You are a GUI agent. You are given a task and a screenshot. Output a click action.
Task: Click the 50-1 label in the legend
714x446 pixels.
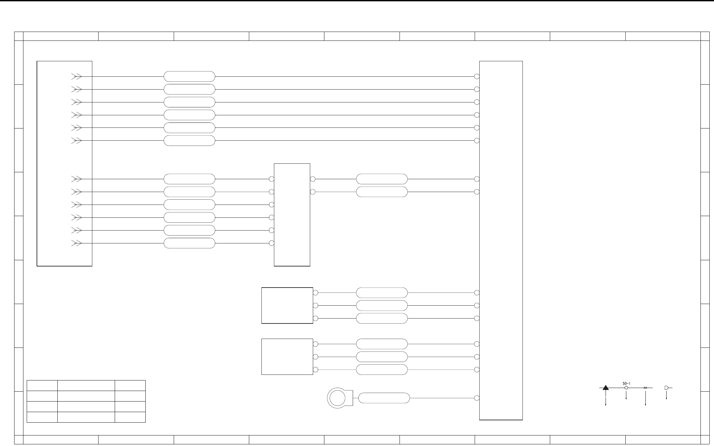tap(626, 383)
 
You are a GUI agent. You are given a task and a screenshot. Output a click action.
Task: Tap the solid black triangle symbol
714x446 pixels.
tap(606, 388)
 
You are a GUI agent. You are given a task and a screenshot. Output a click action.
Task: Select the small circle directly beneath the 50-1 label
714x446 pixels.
tap(626, 388)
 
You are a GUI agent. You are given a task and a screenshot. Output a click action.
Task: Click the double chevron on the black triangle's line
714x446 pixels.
tap(645, 388)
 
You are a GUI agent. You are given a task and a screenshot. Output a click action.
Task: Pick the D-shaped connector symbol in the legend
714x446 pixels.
tap(666, 388)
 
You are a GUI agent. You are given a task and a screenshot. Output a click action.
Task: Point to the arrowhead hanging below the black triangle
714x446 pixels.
tap(606, 404)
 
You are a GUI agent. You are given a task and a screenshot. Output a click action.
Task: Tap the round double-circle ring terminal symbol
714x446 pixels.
tap(337, 398)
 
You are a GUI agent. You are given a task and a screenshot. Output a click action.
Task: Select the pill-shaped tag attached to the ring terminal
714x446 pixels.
tap(384, 398)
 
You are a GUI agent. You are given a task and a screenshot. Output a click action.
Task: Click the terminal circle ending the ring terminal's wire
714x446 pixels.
tap(477, 398)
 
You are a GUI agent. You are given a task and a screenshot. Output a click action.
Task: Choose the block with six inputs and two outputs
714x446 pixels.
tap(292, 214)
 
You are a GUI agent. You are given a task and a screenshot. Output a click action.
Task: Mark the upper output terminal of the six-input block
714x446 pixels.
tap(312, 179)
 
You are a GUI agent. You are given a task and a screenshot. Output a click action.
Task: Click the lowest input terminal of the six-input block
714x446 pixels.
tap(271, 243)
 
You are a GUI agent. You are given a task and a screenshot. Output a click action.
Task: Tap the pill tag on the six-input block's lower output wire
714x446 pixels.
tap(382, 192)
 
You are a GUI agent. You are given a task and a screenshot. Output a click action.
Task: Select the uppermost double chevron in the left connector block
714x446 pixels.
tap(76, 76)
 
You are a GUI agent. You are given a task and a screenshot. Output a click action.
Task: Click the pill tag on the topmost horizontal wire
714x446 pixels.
tap(189, 76)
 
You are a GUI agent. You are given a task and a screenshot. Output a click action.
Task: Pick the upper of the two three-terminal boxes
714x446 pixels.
tap(287, 305)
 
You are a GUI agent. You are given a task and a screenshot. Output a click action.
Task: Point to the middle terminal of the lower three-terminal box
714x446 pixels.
tap(315, 357)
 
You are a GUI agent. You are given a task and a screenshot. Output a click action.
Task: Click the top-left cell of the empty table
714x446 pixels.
tap(42, 386)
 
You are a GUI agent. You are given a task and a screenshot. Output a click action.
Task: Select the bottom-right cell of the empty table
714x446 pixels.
tap(130, 417)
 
